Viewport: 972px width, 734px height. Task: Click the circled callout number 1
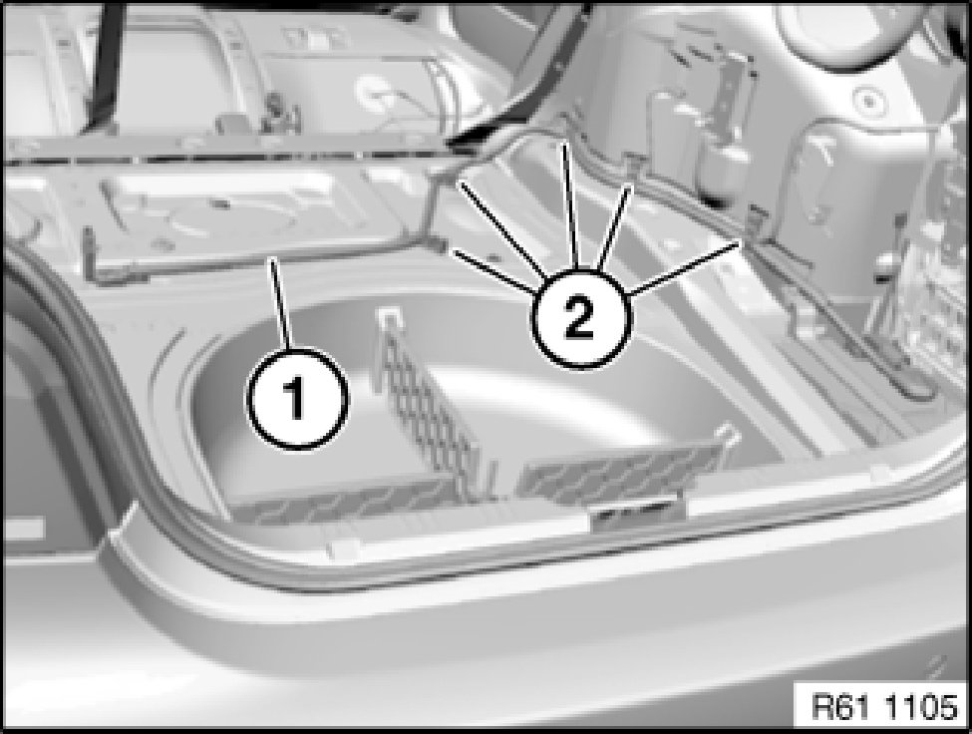point(297,399)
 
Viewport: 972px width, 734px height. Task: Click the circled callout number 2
point(580,319)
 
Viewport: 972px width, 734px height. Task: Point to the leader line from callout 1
point(281,304)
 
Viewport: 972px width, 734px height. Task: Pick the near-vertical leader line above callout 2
point(570,207)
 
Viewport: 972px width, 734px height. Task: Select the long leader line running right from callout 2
point(683,267)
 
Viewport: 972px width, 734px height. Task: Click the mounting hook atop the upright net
point(389,317)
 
